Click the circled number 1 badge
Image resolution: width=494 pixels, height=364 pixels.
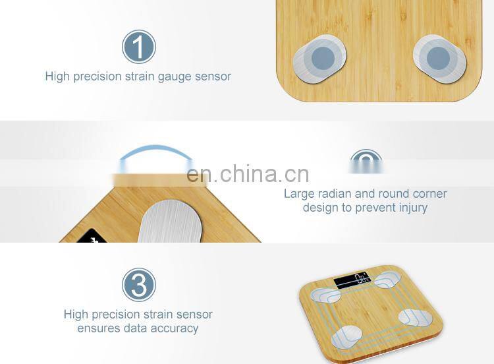pos(139,47)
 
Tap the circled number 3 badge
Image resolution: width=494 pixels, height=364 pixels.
pos(139,286)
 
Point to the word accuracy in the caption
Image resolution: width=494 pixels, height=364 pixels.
pos(175,328)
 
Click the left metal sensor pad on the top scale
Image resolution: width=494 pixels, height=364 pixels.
pos(320,59)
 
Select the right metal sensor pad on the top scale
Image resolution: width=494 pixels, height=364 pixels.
pos(439,58)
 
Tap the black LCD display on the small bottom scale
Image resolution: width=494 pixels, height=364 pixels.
pos(352,281)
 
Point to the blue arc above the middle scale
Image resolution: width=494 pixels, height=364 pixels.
pos(155,152)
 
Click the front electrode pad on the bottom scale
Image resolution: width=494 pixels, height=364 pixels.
pos(348,337)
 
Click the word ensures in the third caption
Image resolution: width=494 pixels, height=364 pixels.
pos(99,328)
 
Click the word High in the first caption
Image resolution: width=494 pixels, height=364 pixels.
pos(57,76)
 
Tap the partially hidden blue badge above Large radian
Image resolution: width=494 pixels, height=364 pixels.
pos(366,160)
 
